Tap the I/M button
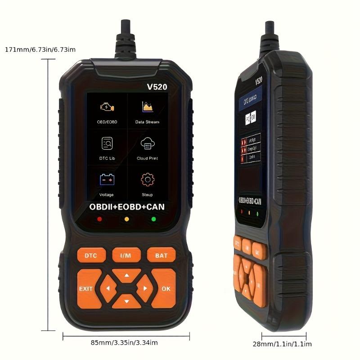(x=126, y=255)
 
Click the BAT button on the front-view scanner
(x=161, y=255)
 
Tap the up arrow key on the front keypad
(x=126, y=275)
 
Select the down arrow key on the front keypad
(x=126, y=301)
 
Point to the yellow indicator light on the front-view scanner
(x=126, y=219)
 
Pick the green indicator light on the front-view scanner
(x=153, y=219)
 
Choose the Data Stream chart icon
(x=147, y=107)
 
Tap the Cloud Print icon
(x=147, y=144)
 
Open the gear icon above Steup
(x=147, y=180)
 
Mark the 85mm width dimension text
(x=124, y=342)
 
